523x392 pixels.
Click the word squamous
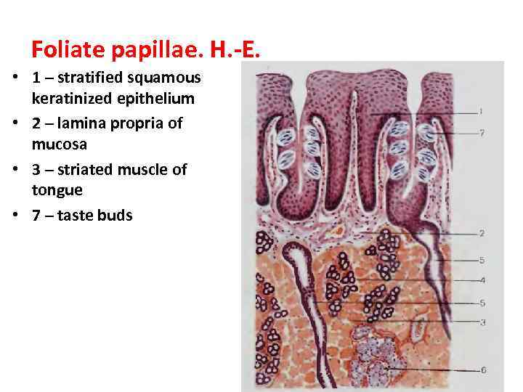166,77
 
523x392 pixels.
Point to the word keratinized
70,98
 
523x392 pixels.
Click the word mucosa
60,144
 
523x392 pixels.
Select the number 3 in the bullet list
36,170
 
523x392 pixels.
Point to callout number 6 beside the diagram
483,369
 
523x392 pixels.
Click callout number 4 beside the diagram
482,280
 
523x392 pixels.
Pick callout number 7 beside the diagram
482,132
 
